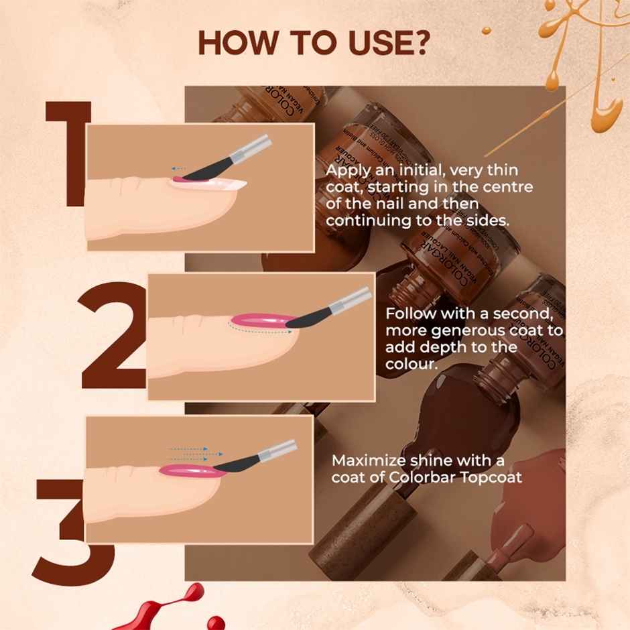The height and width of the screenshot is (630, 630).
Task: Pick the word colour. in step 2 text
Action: (x=410, y=365)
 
